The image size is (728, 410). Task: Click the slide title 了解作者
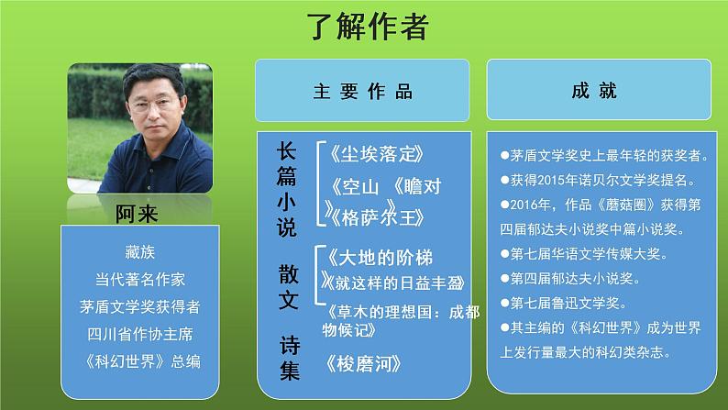pyautogui.click(x=366, y=28)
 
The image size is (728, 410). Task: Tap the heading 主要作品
pyautogui.click(x=363, y=91)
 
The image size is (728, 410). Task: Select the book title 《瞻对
pyautogui.click(x=418, y=187)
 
